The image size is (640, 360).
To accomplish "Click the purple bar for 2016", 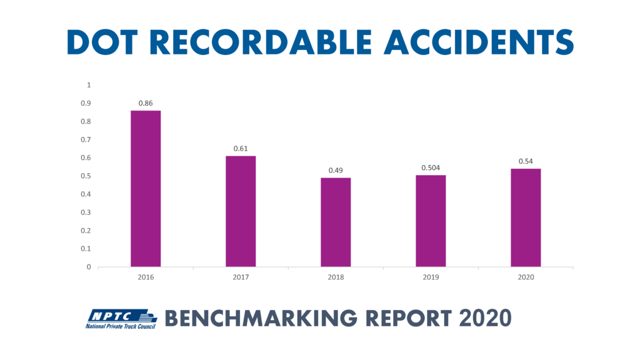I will pyautogui.click(x=146, y=189).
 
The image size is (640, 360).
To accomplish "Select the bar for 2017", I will pyautogui.click(x=241, y=211).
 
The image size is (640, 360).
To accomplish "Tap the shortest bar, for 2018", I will pyautogui.click(x=336, y=222).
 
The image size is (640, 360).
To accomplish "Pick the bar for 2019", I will pyautogui.click(x=431, y=221).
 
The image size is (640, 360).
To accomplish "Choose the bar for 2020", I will pyautogui.click(x=526, y=217).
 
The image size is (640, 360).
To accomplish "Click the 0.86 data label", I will pyautogui.click(x=146, y=102).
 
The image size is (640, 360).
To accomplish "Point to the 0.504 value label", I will pyautogui.click(x=431, y=167).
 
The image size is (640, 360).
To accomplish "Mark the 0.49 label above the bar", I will pyautogui.click(x=336, y=170).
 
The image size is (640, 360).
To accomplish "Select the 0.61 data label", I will pyautogui.click(x=241, y=148).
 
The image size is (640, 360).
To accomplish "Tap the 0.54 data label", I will pyautogui.click(x=526, y=161).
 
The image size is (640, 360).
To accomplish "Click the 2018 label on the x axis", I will pyautogui.click(x=336, y=276).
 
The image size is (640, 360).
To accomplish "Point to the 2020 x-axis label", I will pyautogui.click(x=526, y=276).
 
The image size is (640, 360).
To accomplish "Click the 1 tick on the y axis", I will pyautogui.click(x=89, y=85).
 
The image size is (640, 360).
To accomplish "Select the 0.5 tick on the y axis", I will pyautogui.click(x=86, y=176).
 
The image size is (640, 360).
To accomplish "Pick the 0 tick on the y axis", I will pyautogui.click(x=89, y=267).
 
